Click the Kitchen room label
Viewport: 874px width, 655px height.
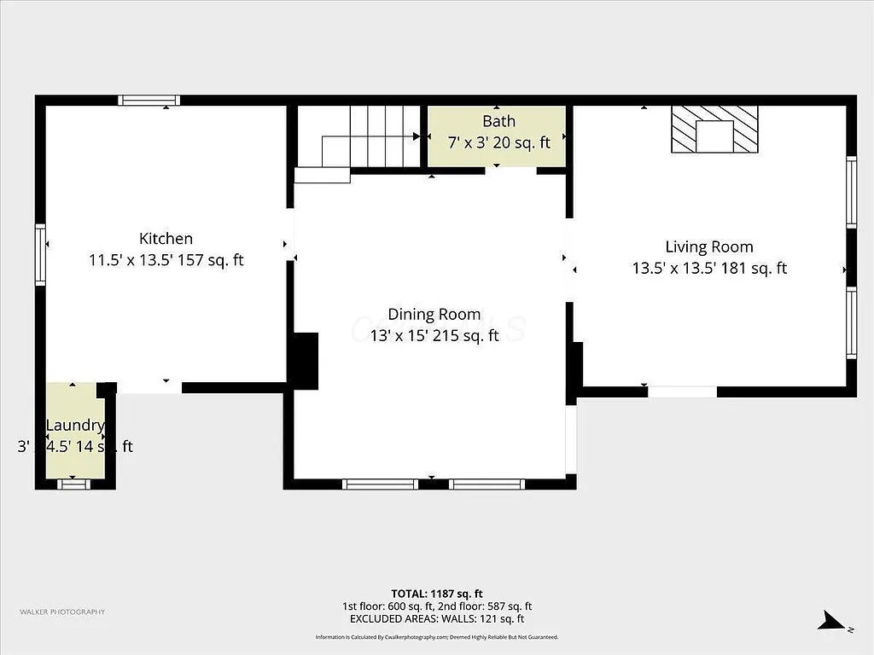(x=166, y=239)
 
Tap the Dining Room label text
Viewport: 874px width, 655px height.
(x=434, y=315)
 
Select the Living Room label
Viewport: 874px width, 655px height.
(x=708, y=247)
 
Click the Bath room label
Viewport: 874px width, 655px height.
(x=498, y=121)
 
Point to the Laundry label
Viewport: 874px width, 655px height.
(x=74, y=426)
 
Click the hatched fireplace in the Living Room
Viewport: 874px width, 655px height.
(x=714, y=130)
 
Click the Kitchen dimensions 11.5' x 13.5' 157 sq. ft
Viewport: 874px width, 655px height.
(x=166, y=260)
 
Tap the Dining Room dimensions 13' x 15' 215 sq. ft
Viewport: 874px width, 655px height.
(x=434, y=336)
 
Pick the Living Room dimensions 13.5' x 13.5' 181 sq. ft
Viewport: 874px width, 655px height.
(x=708, y=269)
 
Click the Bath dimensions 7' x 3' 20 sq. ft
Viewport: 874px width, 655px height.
(x=498, y=142)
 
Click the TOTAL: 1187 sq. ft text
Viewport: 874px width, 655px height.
(x=436, y=594)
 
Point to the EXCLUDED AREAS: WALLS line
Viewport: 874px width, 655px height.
(x=436, y=619)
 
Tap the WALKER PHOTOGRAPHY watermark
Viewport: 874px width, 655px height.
(x=62, y=612)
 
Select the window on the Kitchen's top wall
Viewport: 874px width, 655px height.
(x=149, y=101)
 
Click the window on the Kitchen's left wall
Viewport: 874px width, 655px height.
(x=39, y=253)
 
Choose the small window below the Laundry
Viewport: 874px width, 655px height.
(x=73, y=484)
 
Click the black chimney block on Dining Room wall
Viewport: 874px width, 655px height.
(x=304, y=361)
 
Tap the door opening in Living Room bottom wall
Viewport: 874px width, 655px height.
(x=682, y=392)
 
